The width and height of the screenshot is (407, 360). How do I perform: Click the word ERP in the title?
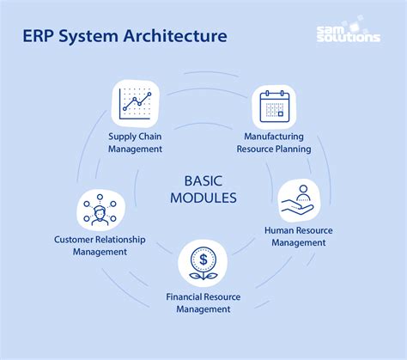pyautogui.click(x=39, y=36)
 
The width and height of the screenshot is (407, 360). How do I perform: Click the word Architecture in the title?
pyautogui.click(x=175, y=36)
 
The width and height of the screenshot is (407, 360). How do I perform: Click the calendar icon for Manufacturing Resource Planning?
pyautogui.click(x=275, y=107)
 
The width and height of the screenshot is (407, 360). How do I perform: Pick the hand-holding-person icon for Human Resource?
pyautogui.click(x=299, y=201)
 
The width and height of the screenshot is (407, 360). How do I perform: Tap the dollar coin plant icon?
pyautogui.click(x=203, y=263)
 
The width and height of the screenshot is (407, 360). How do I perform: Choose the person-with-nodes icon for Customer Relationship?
pyautogui.click(x=100, y=211)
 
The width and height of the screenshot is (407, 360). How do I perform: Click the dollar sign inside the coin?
pyautogui.click(x=203, y=259)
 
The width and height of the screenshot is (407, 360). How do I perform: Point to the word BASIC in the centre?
pyautogui.click(x=203, y=181)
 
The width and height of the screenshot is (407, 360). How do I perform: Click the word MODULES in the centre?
pyautogui.click(x=203, y=198)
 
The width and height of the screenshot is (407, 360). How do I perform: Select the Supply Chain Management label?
pyautogui.click(x=135, y=143)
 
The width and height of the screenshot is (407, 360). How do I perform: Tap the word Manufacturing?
pyautogui.click(x=274, y=137)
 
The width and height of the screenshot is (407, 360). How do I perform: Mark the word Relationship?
pyautogui.click(x=120, y=240)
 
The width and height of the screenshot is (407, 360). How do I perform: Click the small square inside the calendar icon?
pyautogui.click(x=281, y=113)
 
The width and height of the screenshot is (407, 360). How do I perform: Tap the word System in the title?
pyautogui.click(x=88, y=37)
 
